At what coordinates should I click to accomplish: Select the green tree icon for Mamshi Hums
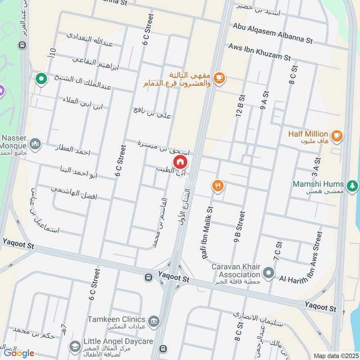pos(353,185)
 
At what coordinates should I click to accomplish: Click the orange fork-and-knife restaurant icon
pos(218,185)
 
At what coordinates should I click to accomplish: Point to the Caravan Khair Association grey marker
pos(269,273)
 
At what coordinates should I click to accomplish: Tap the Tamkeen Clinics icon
pos(154,320)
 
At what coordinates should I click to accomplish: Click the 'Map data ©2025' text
pos(335,355)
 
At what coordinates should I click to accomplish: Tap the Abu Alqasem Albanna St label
pos(272,33)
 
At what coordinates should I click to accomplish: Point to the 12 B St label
pos(240,106)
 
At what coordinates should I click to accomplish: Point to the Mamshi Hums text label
pos(318,184)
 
